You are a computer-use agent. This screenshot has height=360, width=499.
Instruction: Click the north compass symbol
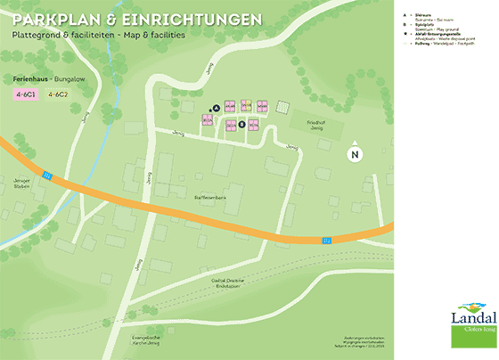pos(355,153)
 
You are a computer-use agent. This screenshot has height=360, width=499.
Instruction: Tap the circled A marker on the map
pos(216,107)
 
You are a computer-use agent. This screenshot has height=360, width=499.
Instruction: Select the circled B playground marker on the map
pos(241,125)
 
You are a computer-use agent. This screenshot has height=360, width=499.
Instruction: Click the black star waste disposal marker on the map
pos(209,110)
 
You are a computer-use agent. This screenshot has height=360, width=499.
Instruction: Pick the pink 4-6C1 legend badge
pos(25,94)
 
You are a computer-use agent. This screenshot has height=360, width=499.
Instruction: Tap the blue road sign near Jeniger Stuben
pos(48,175)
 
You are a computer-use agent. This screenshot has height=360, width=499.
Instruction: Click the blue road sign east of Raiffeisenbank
pos(327,239)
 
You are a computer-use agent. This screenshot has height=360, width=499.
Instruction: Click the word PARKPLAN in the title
pos(54,19)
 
